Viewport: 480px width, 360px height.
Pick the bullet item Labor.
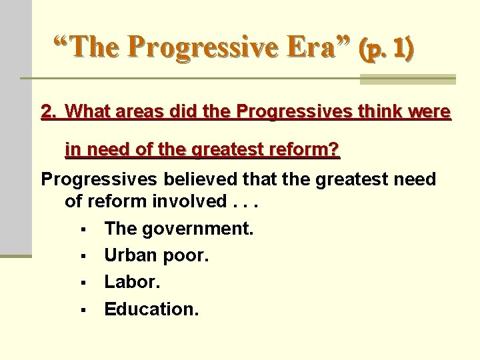(x=133, y=283)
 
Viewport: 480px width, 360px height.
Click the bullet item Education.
(x=151, y=309)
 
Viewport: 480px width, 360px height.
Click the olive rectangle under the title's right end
(x=407, y=80)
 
